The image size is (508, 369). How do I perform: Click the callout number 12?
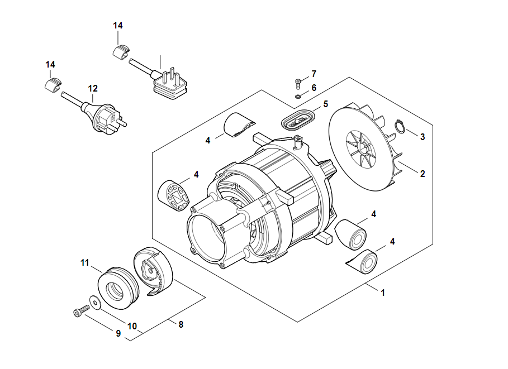point(93,88)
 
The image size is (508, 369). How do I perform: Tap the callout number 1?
point(383,293)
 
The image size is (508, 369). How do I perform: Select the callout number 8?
point(181,324)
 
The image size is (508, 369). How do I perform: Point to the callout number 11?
point(84,262)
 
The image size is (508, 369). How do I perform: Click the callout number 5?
point(326,104)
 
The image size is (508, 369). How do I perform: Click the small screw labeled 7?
point(298,83)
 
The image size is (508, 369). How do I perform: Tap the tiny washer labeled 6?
point(298,96)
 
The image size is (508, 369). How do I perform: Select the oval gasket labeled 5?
point(298,120)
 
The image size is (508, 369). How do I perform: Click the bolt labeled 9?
point(81,310)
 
